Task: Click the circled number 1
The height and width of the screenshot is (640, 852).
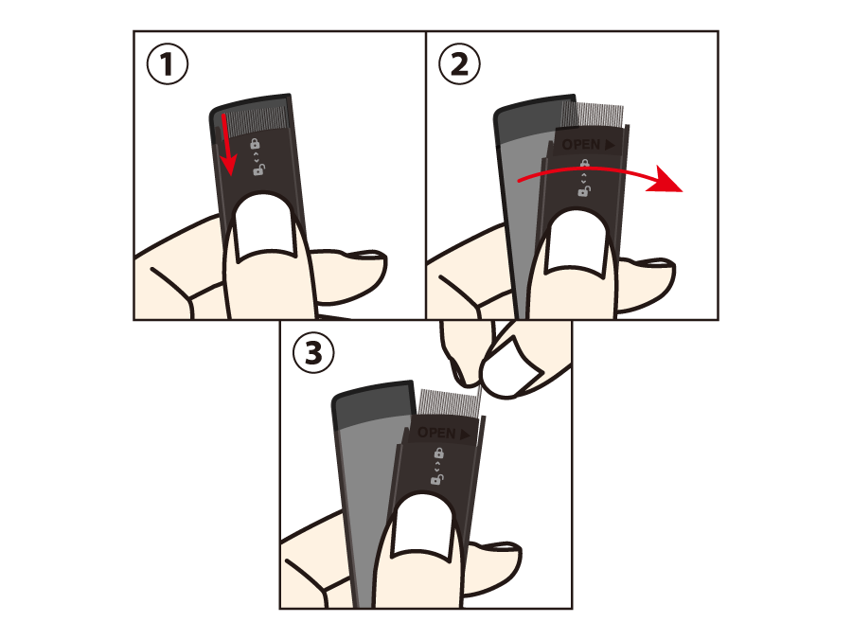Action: [168, 64]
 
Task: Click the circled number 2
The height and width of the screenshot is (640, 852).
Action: [459, 64]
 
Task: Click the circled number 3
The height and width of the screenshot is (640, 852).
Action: [313, 352]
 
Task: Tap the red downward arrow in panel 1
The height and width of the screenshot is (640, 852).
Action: [228, 145]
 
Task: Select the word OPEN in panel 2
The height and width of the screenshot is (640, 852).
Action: [581, 145]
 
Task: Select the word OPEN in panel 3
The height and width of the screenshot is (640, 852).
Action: [436, 433]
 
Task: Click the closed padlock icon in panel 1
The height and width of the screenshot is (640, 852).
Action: [255, 143]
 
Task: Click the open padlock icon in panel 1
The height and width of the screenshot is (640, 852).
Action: [259, 170]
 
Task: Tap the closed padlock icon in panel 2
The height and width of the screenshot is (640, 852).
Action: [585, 163]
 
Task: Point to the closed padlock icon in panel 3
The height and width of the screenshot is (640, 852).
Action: [438, 452]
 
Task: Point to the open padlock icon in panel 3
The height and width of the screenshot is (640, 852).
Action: [437, 479]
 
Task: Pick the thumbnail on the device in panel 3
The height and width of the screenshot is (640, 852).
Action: [423, 528]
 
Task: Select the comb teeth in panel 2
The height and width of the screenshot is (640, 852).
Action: [594, 116]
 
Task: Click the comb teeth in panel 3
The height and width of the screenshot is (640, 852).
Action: [451, 403]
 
